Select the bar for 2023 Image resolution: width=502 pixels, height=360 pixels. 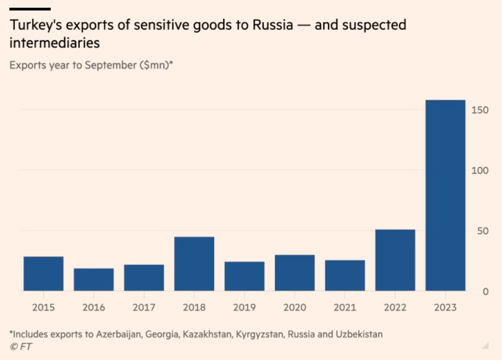click(445, 196)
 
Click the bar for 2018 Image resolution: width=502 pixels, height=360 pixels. click(194, 264)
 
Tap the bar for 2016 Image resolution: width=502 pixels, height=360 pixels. click(94, 280)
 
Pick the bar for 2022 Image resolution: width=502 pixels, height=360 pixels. click(395, 260)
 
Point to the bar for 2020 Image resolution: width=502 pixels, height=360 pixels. click(295, 273)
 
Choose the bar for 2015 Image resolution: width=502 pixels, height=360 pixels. click(44, 273)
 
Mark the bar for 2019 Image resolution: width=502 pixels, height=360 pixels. click(244, 276)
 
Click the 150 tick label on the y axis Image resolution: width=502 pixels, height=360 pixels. click(480, 110)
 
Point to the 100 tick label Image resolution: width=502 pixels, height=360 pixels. click(480, 170)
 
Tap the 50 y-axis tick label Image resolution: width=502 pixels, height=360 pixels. click(482, 231)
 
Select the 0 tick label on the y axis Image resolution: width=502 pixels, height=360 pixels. click(485, 292)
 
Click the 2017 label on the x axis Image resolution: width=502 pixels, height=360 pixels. click(144, 308)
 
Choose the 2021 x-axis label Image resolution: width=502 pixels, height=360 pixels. click(345, 308)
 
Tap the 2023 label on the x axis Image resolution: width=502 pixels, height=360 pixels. click(445, 308)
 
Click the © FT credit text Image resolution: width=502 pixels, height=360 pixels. click(20, 347)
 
